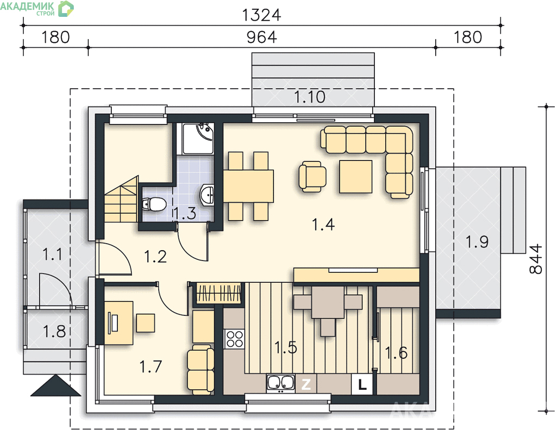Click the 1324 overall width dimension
(x=261, y=15)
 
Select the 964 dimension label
(x=261, y=37)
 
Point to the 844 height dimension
(x=536, y=259)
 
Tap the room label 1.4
(x=323, y=225)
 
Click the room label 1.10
(x=310, y=97)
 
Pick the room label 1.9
(x=477, y=241)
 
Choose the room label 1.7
(x=151, y=366)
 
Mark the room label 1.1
(x=52, y=254)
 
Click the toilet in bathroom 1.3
(x=154, y=204)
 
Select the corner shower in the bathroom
(x=198, y=139)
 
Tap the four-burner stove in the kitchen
(x=234, y=339)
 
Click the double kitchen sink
(x=280, y=383)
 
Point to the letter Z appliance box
(x=306, y=384)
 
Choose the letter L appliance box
(x=362, y=384)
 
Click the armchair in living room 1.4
(x=312, y=177)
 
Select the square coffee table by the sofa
(x=355, y=177)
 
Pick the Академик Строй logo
(x=37, y=9)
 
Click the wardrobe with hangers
(x=218, y=294)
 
